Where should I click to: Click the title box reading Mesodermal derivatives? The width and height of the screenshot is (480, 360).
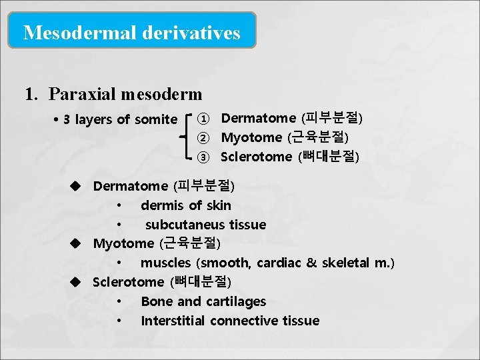pos(131,32)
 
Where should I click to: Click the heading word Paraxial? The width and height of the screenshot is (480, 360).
pos(79,94)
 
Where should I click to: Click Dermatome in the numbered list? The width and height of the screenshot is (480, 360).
pos(258,118)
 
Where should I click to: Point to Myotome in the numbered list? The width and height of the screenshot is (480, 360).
pos(251,137)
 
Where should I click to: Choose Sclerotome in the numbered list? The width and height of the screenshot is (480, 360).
pos(256,157)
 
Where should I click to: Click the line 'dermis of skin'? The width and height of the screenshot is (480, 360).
pos(186,205)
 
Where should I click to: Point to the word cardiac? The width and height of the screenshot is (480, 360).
pos(277,263)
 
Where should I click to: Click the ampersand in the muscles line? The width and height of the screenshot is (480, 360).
pos(311,263)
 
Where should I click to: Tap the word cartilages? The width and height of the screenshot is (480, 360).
pos(235,301)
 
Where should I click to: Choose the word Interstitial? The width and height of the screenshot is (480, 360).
pos(173,321)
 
